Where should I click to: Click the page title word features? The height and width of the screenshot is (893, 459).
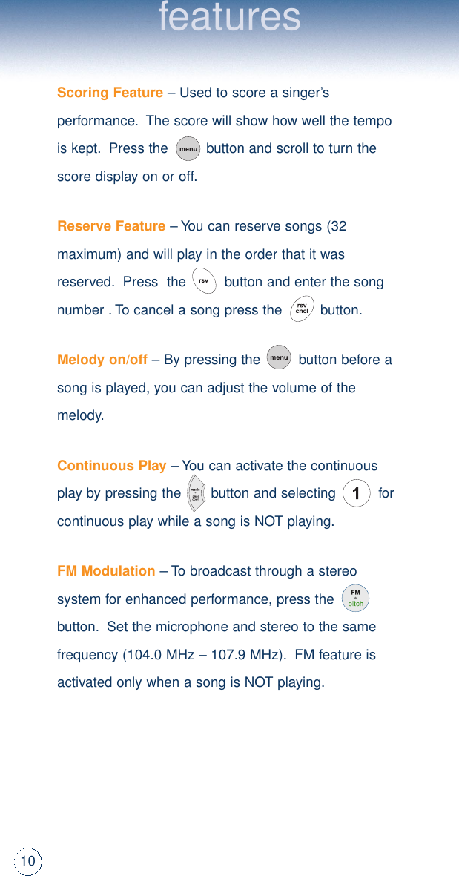pos(230,18)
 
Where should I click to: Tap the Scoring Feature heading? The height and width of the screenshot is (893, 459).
pos(110,93)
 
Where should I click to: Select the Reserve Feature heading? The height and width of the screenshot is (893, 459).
pos(111,226)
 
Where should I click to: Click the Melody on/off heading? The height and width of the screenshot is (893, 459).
pos(102,360)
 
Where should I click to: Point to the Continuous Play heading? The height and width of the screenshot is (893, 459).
pos(111,466)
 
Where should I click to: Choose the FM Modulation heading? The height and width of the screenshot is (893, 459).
pos(106,571)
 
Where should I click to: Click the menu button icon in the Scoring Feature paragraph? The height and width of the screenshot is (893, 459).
pos(188,148)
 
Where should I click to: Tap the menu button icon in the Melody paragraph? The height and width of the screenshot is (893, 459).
pos(279,358)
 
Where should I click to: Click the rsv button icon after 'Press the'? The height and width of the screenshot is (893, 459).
pos(203,281)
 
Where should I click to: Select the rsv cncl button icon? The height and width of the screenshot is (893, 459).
pos(302,309)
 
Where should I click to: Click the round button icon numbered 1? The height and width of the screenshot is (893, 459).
pos(357,494)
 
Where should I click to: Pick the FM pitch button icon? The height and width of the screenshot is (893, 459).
pos(356,599)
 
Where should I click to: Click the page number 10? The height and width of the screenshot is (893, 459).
pos(28,861)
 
